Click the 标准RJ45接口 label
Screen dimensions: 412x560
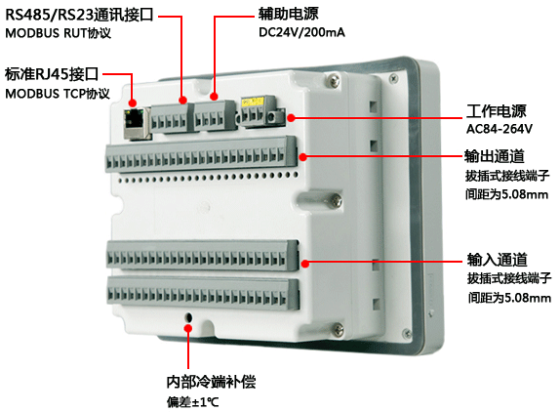(53, 74)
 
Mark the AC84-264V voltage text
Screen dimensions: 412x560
(499, 129)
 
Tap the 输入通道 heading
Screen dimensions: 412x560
(497, 261)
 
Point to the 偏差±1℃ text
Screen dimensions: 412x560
(192, 401)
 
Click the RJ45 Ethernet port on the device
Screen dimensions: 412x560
(134, 118)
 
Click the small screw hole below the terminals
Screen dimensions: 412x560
(188, 317)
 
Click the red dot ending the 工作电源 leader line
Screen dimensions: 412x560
(291, 117)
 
